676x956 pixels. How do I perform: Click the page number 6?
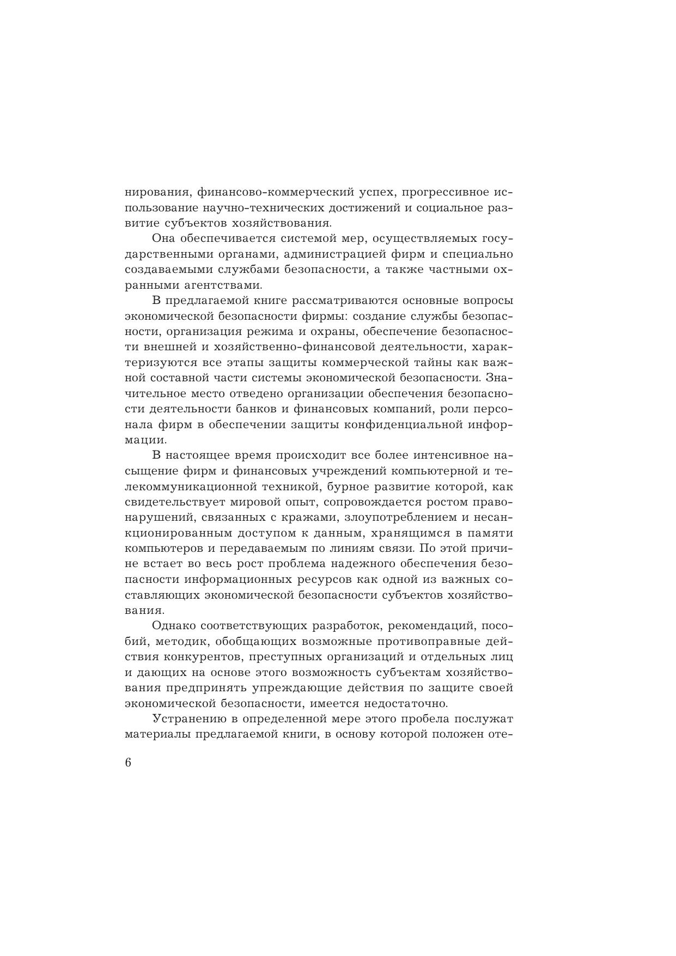128,762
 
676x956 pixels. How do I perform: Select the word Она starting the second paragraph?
164,239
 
